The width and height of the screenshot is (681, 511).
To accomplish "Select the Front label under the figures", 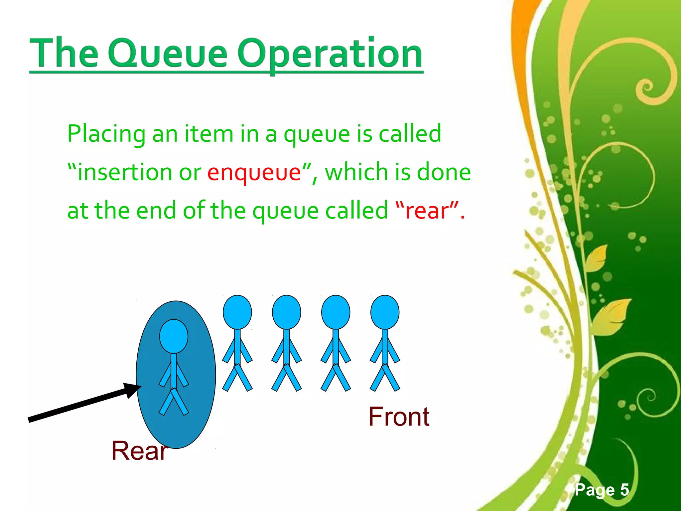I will click(x=399, y=417).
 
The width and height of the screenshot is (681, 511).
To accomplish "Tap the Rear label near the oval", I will click(x=139, y=450).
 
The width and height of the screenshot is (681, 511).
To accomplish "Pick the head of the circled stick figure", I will click(x=174, y=336).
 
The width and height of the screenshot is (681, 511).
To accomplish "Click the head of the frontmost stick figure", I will click(x=385, y=312).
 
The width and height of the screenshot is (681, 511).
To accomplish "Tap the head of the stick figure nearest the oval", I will click(x=237, y=312).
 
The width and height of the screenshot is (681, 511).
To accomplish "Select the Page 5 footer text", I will click(x=602, y=490).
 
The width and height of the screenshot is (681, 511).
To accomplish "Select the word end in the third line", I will click(x=156, y=211).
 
